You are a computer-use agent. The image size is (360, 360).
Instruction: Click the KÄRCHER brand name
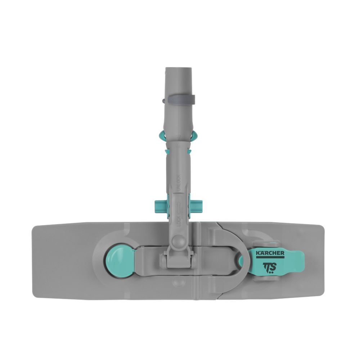(x=270, y=253)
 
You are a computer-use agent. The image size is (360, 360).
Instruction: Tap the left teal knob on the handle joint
(x=160, y=206)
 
